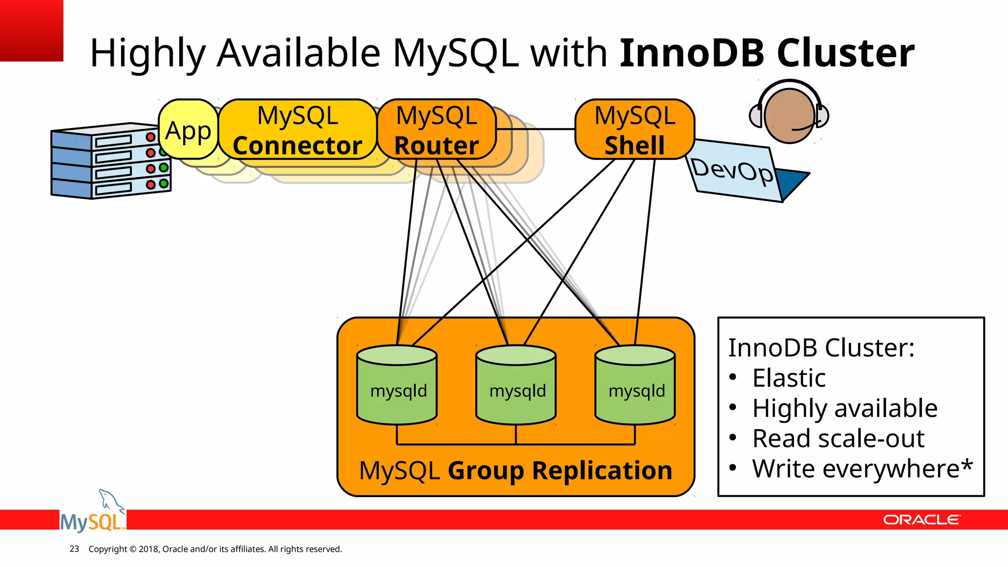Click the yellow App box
click(188, 130)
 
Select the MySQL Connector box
click(297, 130)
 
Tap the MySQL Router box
click(437, 130)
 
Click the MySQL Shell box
click(634, 130)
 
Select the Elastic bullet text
click(788, 378)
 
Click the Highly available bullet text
click(845, 409)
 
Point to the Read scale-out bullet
click(838, 439)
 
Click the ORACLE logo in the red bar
click(921, 520)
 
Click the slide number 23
click(74, 549)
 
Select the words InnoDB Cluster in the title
click(767, 53)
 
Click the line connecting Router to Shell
click(535, 129)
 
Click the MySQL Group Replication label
click(515, 471)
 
